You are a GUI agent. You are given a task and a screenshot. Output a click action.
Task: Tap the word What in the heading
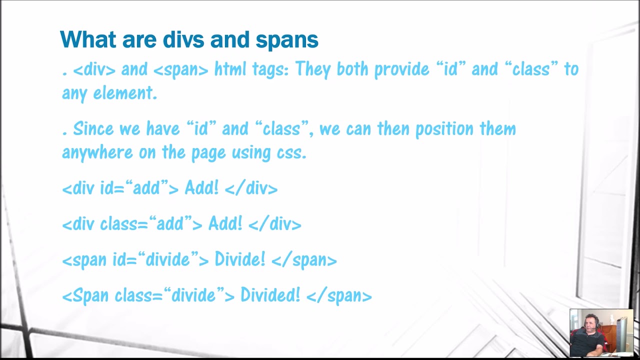point(86,39)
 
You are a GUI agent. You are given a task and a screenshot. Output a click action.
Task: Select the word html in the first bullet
point(230,69)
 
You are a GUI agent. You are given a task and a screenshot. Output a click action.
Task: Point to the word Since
point(94,128)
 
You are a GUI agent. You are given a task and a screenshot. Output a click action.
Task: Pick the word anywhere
point(97,152)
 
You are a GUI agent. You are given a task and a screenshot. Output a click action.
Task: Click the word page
point(208,152)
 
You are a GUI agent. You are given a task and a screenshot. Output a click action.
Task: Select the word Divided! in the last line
point(270,295)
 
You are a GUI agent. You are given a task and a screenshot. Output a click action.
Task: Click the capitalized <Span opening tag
point(85,295)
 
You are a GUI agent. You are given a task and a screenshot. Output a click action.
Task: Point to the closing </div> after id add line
point(251,188)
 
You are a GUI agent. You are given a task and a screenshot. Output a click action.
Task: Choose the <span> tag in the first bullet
point(180,69)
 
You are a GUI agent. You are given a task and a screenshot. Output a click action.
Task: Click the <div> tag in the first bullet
point(94,69)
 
